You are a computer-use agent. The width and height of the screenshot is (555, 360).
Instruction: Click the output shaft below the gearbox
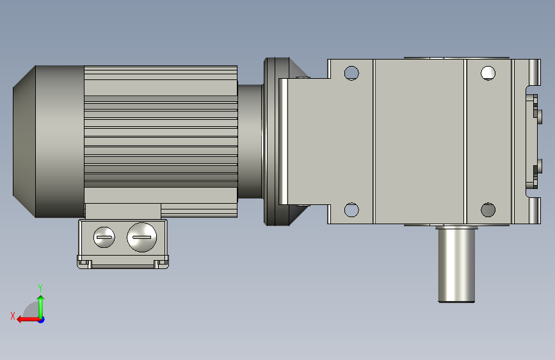coord(456,264)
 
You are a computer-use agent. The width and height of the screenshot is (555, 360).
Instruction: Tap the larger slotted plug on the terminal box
coord(141,238)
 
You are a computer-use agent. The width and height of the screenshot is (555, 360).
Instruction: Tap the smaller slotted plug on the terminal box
coord(104,237)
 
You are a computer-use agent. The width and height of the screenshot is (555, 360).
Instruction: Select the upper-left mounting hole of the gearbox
coord(351,74)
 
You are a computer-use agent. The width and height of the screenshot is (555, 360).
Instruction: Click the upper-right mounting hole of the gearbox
coord(488,73)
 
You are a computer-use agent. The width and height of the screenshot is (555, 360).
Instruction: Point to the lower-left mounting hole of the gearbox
coord(351,209)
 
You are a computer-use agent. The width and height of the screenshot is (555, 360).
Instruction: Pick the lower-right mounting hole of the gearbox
coord(488,209)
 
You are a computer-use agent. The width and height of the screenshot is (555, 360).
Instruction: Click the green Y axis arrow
coord(41,307)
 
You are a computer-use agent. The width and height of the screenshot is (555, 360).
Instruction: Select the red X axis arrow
coord(28,320)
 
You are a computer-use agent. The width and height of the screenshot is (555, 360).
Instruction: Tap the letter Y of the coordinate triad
coord(40,288)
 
